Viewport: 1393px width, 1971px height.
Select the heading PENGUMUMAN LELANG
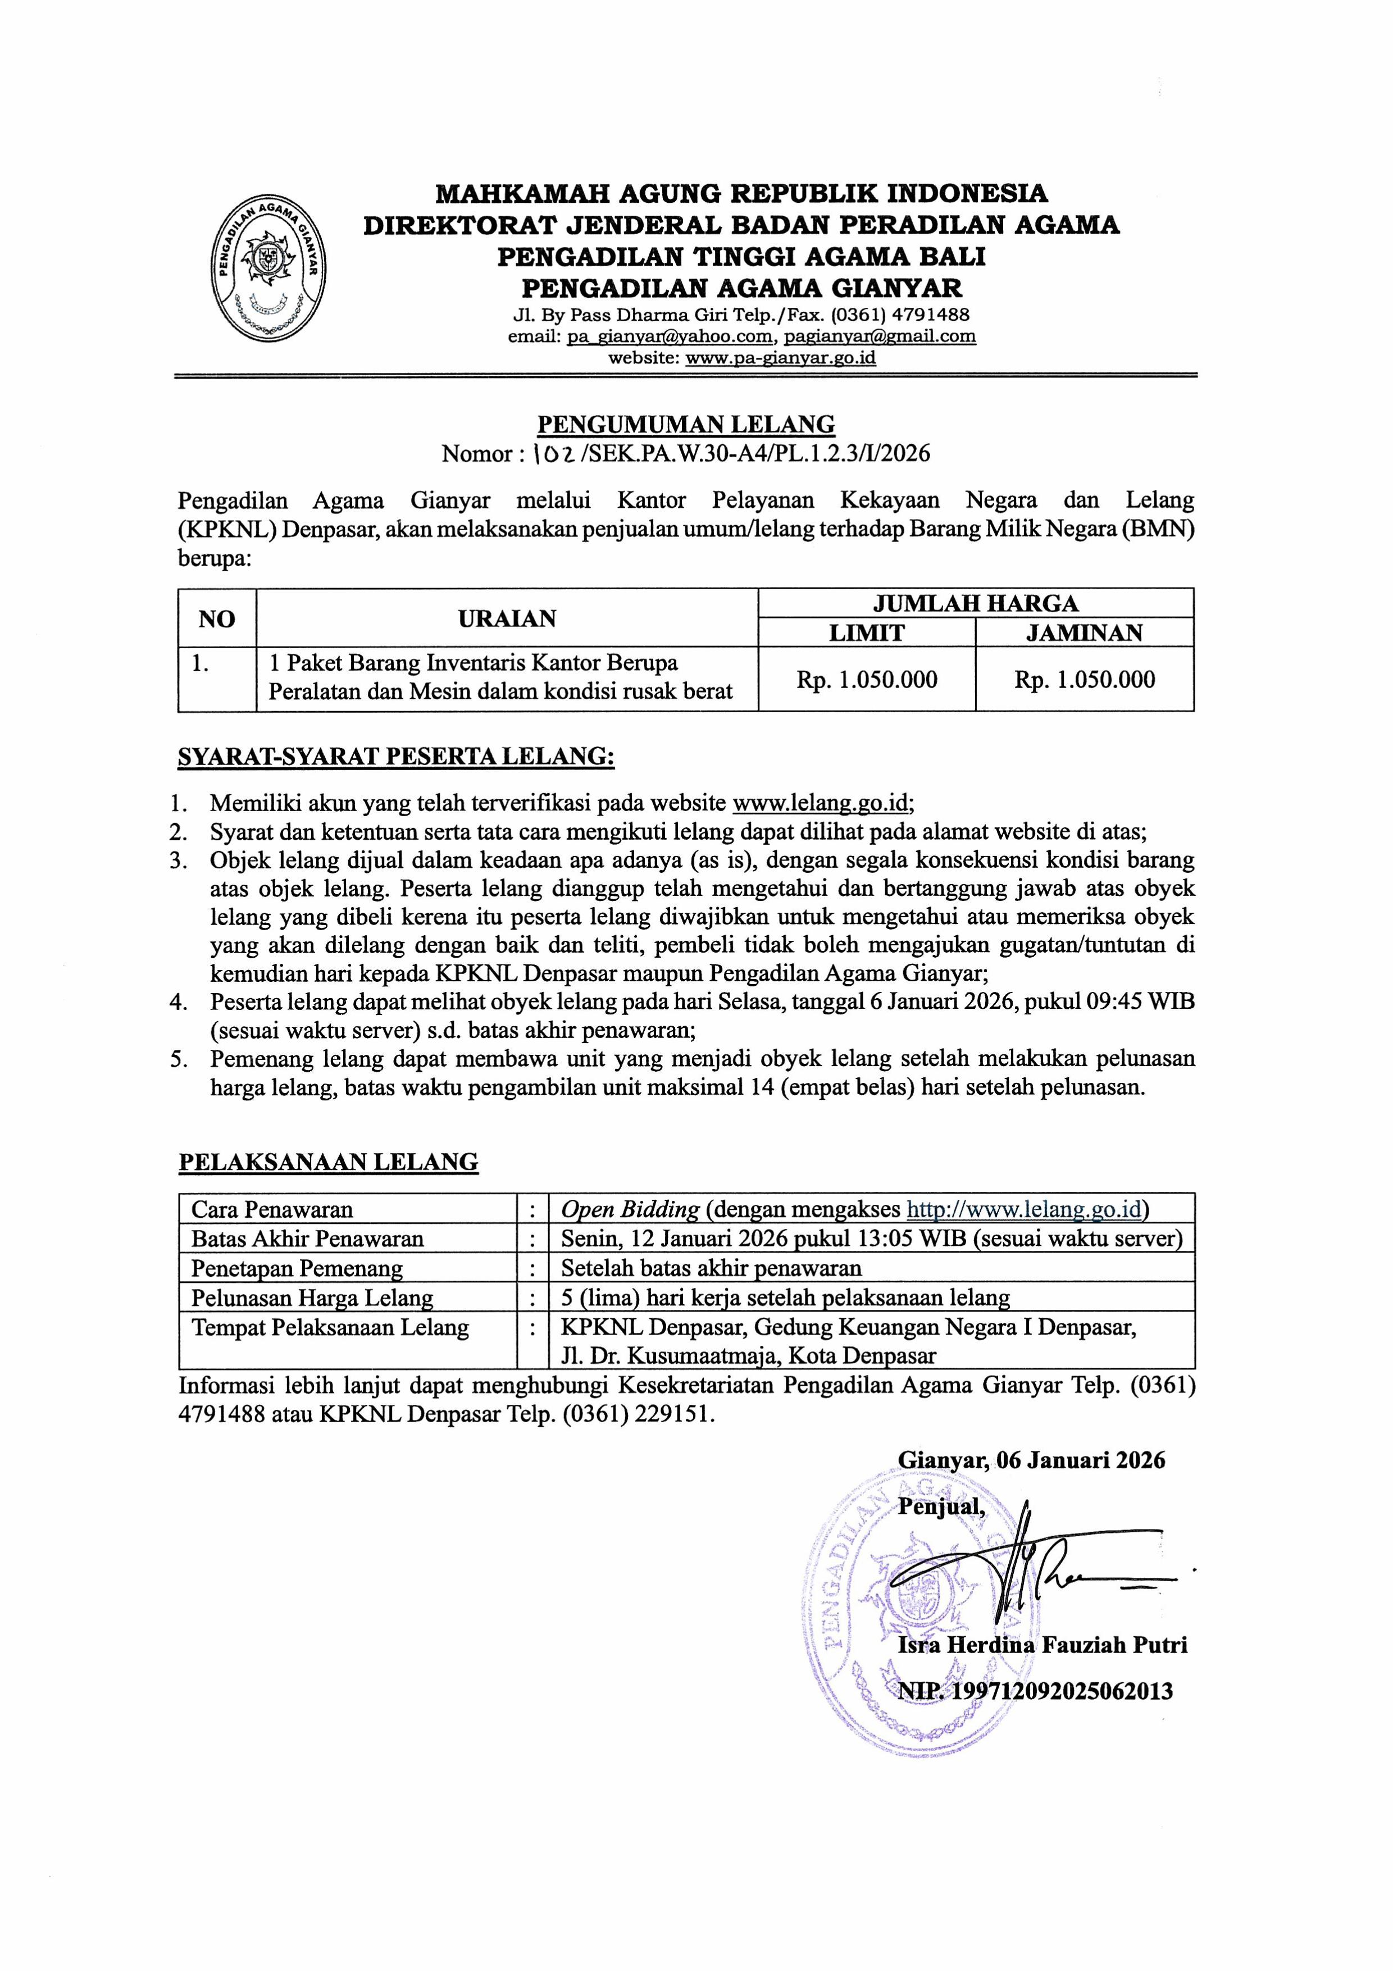tap(685, 424)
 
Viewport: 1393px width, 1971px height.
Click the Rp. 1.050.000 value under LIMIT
tap(866, 680)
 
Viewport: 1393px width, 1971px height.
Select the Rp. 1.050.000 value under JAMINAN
tap(1084, 680)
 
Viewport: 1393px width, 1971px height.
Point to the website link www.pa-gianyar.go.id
tap(780, 358)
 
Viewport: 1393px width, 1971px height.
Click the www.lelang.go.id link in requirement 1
tap(821, 803)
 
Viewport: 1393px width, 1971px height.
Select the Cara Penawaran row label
tap(272, 1209)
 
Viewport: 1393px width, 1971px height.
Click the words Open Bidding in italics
tap(630, 1209)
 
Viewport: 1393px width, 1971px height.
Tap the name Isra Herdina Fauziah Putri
tap(1042, 1645)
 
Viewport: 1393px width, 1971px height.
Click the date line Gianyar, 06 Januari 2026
tap(1031, 1460)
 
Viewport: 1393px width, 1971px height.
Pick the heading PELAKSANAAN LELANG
tap(328, 1162)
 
